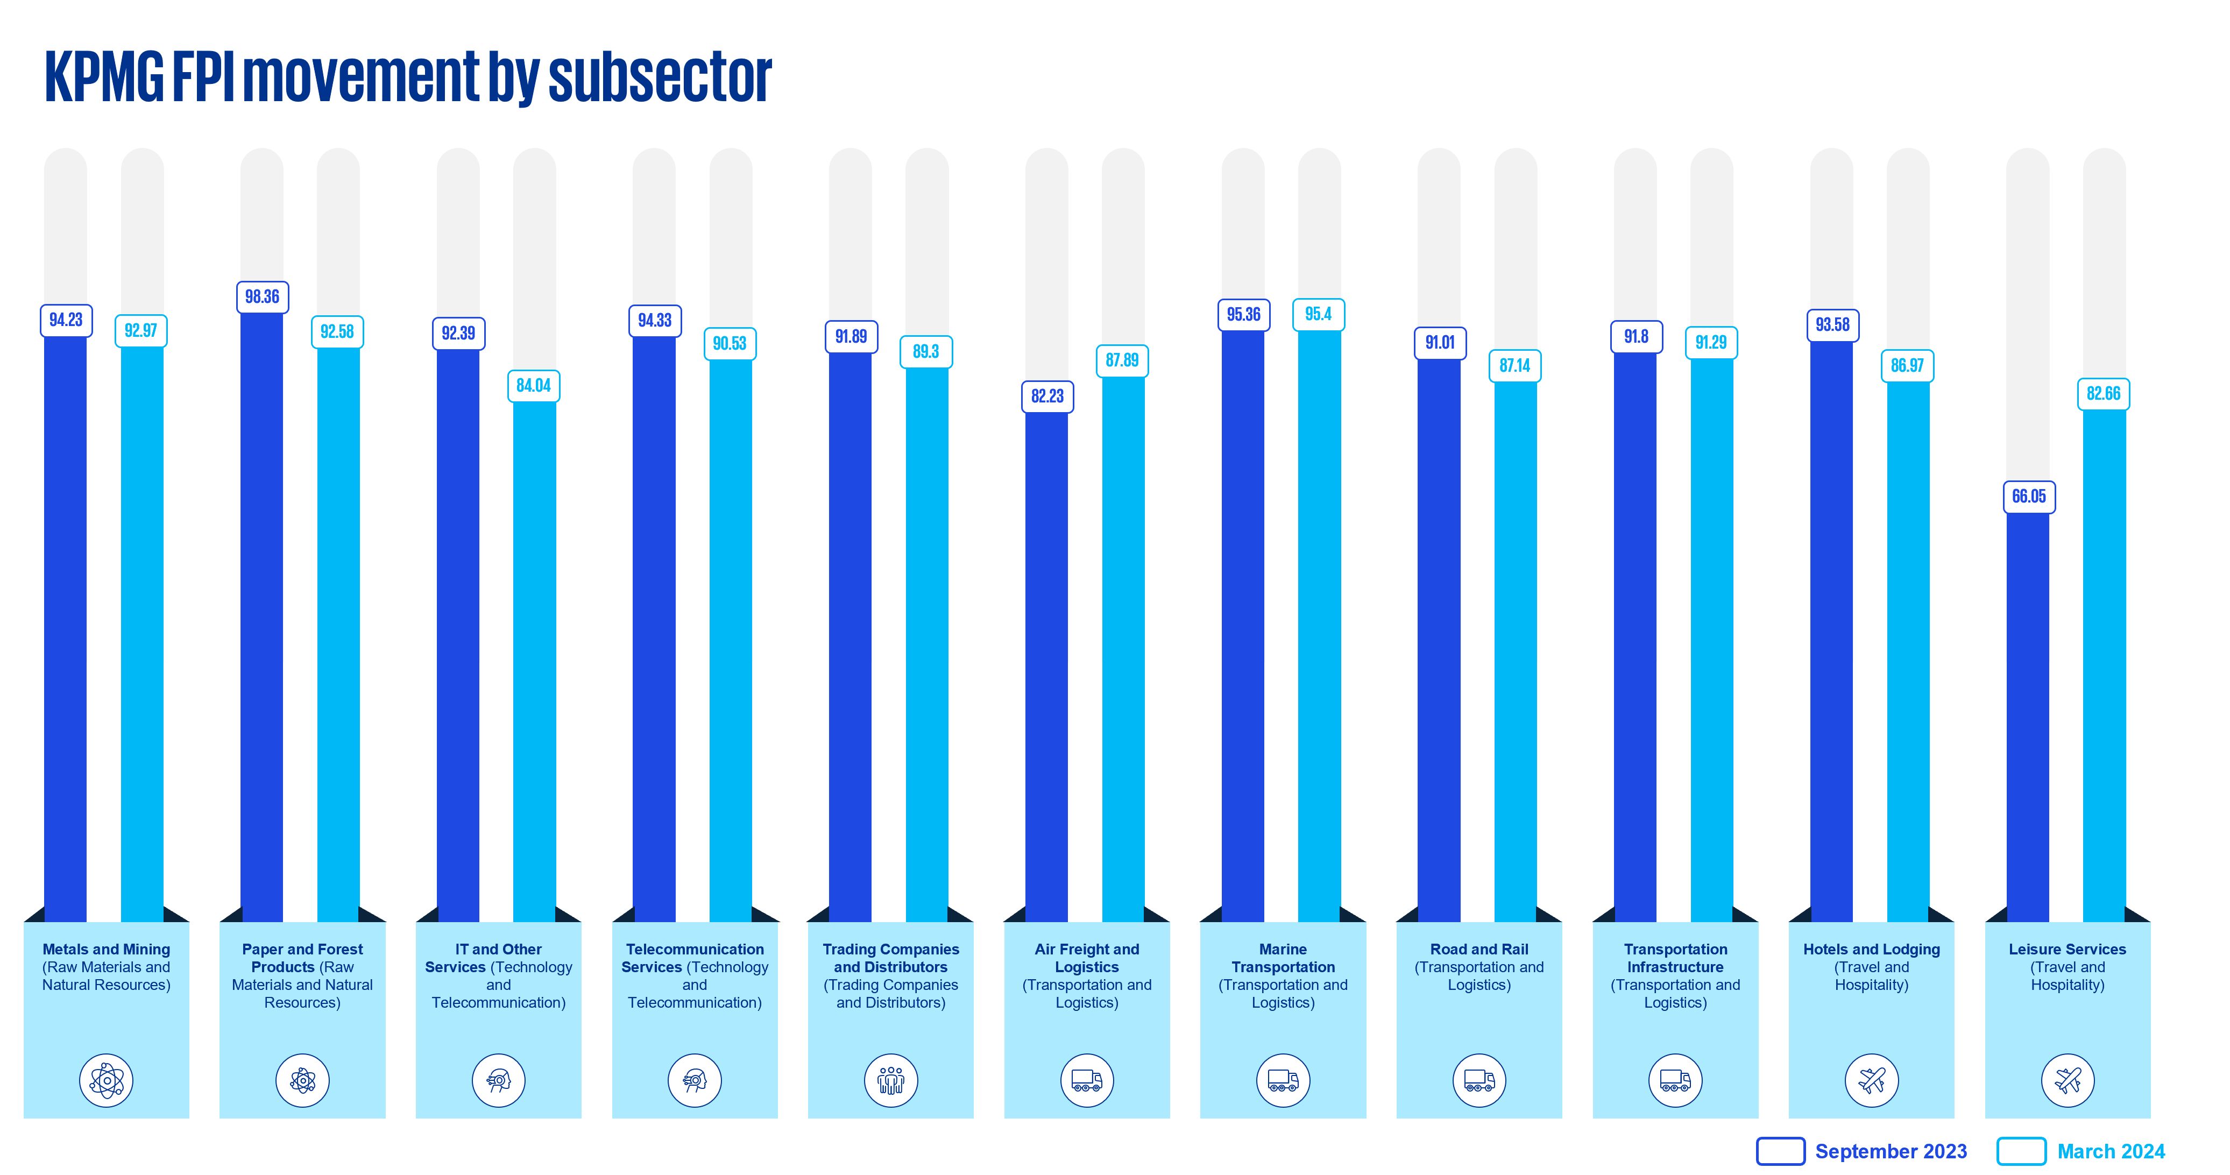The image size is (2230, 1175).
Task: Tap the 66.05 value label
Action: point(2029,497)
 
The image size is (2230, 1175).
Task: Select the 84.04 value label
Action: point(533,386)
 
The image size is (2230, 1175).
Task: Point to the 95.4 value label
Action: point(1319,314)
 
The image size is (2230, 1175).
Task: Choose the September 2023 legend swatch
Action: point(1780,1152)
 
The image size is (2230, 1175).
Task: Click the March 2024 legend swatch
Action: point(2021,1152)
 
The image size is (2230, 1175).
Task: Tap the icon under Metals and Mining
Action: point(107,1081)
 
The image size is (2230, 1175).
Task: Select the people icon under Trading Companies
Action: point(891,1081)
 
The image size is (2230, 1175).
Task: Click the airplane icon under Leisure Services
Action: point(2068,1081)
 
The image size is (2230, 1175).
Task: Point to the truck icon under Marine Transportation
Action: point(1283,1081)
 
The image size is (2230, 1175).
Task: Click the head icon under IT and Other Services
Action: point(499,1081)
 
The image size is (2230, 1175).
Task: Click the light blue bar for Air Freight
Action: point(1123,649)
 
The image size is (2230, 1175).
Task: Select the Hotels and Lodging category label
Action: point(1872,966)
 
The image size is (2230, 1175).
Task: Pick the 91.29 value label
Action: point(1711,343)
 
